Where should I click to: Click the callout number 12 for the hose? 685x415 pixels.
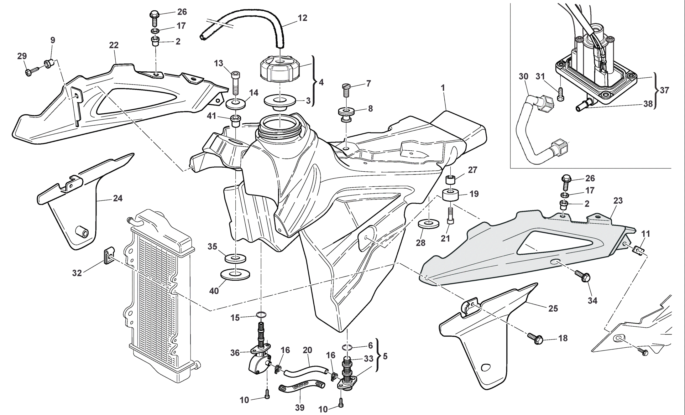(302, 18)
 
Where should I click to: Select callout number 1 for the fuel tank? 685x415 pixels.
(443, 88)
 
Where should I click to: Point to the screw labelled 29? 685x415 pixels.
(30, 72)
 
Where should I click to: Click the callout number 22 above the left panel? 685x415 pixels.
(114, 45)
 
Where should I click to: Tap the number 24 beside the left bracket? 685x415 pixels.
(118, 198)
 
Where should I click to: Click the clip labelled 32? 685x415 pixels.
(109, 256)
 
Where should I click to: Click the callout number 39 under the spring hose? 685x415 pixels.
(300, 407)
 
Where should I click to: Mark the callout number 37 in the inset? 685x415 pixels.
(664, 91)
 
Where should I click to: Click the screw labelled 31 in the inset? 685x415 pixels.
(561, 95)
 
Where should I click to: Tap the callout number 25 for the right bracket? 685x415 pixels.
(553, 309)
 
